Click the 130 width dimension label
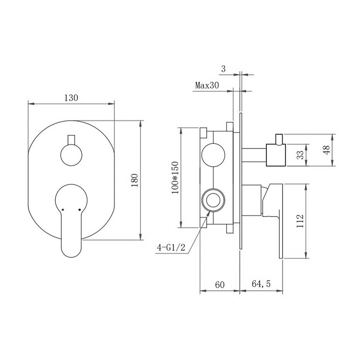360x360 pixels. (71, 98)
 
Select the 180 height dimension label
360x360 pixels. (135, 181)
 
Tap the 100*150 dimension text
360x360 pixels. (175, 178)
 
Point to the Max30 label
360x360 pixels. (207, 86)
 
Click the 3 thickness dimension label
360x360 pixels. (223, 69)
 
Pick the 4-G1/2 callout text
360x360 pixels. (171, 248)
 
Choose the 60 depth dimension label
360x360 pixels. (220, 285)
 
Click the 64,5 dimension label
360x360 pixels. (261, 284)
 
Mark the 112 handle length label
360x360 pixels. (300, 221)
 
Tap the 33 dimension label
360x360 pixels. (300, 155)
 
